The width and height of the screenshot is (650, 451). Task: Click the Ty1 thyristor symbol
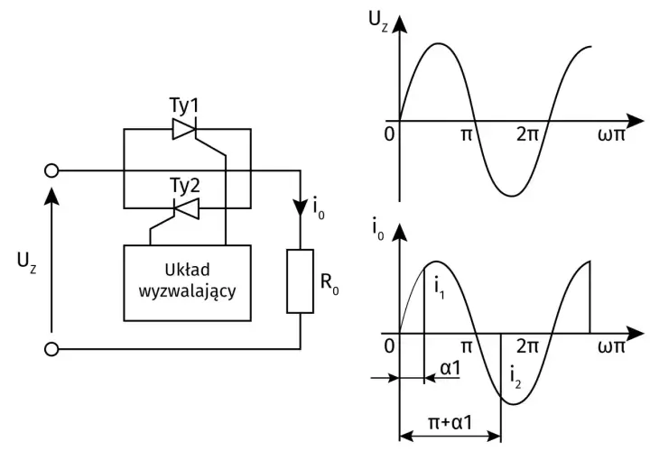183,129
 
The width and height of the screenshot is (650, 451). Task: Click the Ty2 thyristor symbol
186,207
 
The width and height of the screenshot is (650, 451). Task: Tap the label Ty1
184,106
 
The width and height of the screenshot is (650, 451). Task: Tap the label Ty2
185,186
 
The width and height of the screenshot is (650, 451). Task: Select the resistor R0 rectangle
300,281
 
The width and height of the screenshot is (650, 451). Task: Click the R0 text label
330,283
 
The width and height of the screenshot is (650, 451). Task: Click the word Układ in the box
188,270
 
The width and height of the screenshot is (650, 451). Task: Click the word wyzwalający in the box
188,290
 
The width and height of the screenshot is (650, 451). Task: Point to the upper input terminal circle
51,170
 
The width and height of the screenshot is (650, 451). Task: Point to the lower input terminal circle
51,349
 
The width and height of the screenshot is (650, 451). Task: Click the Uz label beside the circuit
26,262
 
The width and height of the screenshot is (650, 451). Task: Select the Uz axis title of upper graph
378,21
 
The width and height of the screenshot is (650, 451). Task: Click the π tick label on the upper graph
467,134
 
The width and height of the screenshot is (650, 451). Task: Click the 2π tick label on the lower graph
527,345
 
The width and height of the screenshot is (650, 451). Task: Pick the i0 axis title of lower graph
377,229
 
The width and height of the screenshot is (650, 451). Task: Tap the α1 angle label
450,368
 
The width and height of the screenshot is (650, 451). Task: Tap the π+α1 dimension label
450,423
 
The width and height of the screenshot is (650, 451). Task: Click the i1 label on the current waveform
440,289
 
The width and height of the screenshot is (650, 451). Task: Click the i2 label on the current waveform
515,378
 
